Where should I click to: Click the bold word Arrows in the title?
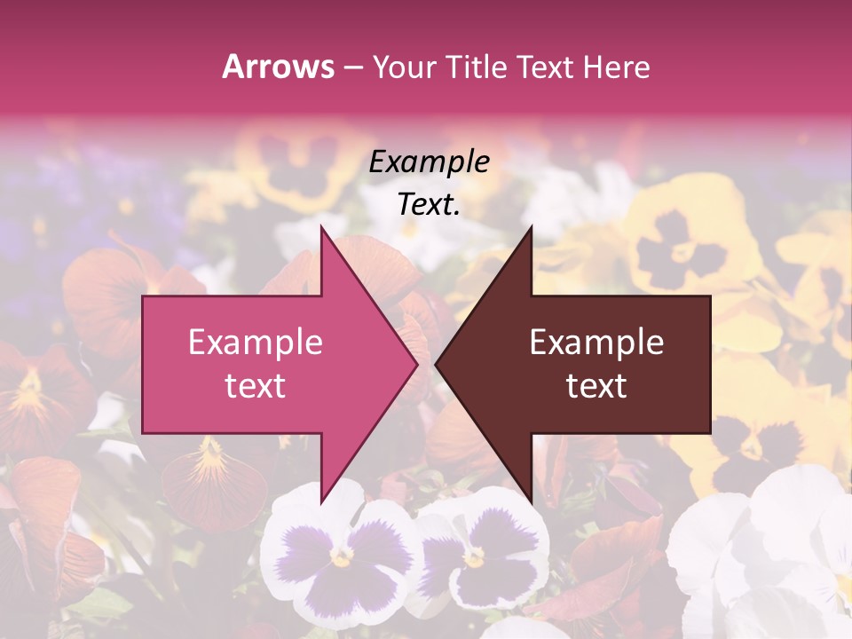[x=278, y=67]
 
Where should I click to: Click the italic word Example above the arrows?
[x=429, y=162]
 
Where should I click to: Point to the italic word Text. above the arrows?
[x=429, y=205]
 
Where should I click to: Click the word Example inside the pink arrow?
[x=255, y=343]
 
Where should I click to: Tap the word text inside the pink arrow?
[x=255, y=386]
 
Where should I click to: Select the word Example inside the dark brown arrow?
[x=596, y=343]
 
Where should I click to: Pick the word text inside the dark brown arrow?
[x=596, y=386]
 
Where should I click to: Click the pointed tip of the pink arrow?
[x=416, y=364]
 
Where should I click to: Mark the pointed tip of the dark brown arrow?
[x=437, y=364]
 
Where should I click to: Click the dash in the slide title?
[x=352, y=68]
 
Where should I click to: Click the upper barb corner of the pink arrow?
[x=321, y=227]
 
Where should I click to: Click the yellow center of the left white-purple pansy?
[x=341, y=556]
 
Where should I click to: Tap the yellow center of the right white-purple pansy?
[x=476, y=558]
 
